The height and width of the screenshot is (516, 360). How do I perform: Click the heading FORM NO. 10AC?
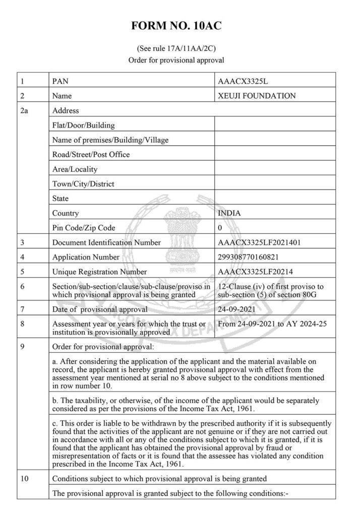180,26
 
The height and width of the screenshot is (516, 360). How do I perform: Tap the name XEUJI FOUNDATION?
257,96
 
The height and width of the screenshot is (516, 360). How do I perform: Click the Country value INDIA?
229,213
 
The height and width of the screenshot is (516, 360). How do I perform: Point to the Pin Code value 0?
220,228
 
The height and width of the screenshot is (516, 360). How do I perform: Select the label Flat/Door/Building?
84,125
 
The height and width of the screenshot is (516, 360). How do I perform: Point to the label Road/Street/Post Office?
91,154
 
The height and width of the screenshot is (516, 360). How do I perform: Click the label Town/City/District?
83,184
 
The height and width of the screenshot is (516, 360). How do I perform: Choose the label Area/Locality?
75,169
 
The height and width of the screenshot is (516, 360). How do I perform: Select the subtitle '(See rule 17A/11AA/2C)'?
180,49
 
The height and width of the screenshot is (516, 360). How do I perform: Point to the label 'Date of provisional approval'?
100,309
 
